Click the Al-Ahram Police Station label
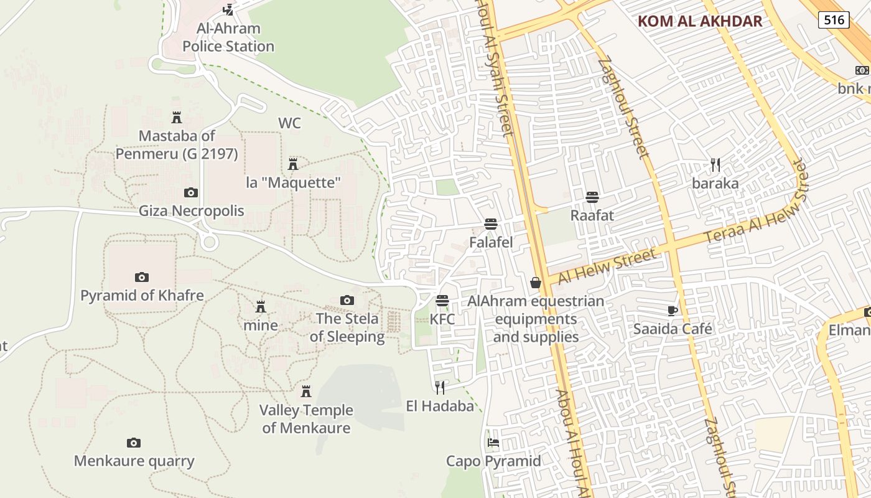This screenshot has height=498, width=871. pos(228,37)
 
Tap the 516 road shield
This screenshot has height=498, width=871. pos(834,20)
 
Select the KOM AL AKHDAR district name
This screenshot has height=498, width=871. pos(700,21)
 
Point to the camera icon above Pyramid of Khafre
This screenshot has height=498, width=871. pos(142,277)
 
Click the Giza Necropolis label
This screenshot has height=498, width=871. pos(191,210)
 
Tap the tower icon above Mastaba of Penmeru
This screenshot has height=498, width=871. pos(177,117)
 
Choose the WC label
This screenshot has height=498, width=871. pos(289,123)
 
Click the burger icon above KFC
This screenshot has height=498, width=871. pos(442,301)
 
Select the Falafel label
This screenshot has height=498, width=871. pos(491,242)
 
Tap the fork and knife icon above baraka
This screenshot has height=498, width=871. pos(715,165)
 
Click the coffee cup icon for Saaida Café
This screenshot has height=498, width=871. pos(672,310)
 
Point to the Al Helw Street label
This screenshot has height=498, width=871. pos(607,266)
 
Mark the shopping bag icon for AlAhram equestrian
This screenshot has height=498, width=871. pos(535,283)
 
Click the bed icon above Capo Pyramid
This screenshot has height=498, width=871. pos(493,443)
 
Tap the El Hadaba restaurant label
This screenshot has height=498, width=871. pos(440,406)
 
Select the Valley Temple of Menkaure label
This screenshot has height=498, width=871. pos(306,419)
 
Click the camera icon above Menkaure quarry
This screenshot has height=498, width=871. pos(134,443)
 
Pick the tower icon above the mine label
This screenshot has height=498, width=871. pos(261,307)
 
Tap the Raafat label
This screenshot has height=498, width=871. pos(592,215)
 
